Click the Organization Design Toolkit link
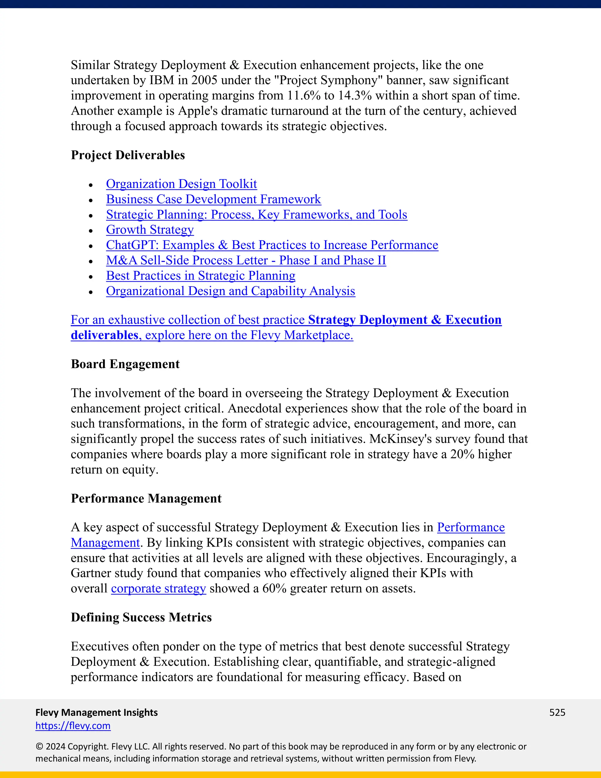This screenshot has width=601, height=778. tap(181, 184)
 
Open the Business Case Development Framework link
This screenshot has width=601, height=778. tap(213, 199)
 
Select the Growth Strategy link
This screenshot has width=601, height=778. tap(150, 230)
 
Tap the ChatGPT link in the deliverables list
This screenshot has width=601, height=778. tap(272, 245)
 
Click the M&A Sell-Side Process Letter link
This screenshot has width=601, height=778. tap(246, 260)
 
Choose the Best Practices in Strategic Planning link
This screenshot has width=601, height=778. tap(200, 276)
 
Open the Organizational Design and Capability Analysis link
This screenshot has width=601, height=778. tap(230, 291)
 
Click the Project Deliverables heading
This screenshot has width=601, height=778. tap(128, 155)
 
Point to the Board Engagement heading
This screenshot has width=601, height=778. tap(125, 364)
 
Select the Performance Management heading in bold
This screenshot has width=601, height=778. tap(146, 499)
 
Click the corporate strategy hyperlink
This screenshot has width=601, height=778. tap(158, 588)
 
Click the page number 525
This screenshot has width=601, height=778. tap(557, 713)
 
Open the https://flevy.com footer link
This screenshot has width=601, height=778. tap(73, 726)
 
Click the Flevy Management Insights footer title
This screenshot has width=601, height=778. tap(97, 713)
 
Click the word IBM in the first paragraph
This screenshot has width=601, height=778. tap(162, 80)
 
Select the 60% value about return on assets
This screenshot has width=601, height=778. tap(274, 588)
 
